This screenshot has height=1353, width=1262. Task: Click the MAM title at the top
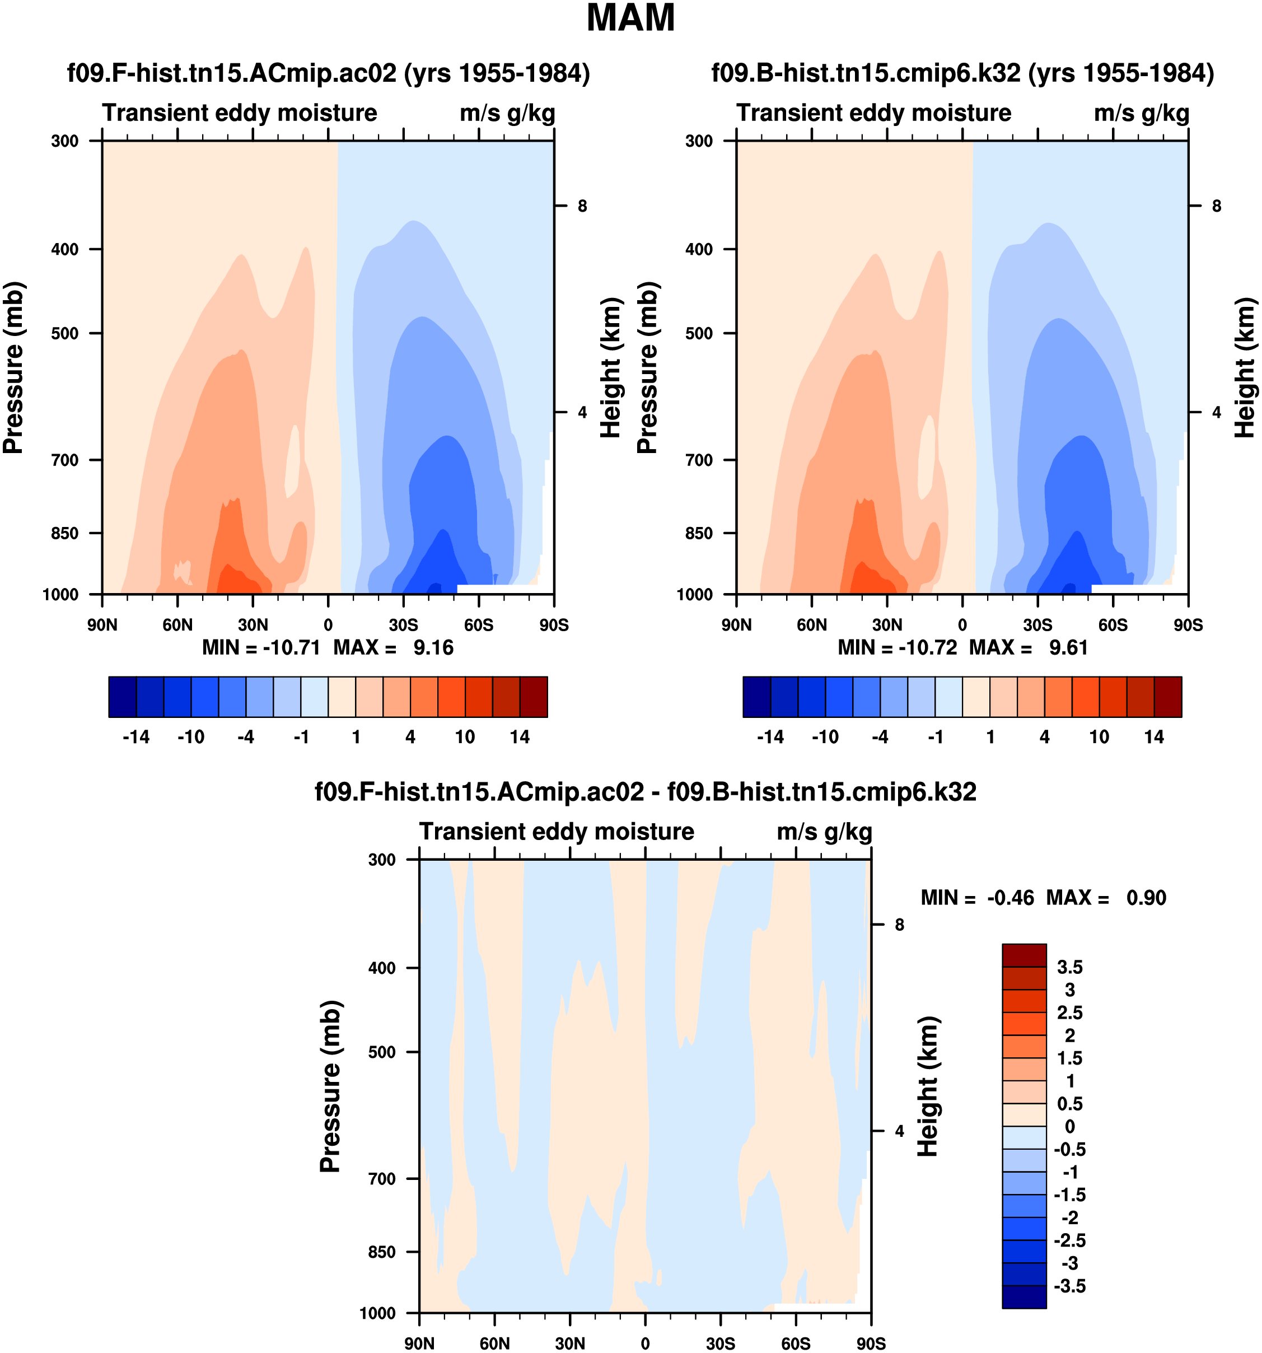point(630,18)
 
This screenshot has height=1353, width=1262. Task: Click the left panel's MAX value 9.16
point(433,647)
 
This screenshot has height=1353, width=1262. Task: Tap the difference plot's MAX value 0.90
point(1146,898)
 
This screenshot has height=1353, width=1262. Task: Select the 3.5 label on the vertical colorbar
point(1069,967)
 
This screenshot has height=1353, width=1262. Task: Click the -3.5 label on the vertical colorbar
point(1069,1286)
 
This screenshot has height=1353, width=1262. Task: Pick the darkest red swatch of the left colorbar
point(534,696)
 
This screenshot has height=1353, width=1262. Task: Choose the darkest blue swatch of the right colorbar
point(756,696)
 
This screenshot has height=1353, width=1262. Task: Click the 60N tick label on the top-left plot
point(177,625)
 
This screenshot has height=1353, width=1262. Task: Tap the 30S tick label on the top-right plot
point(1037,625)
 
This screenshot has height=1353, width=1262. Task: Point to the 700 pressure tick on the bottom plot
point(382,1179)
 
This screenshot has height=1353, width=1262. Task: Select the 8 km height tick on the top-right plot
point(1217,206)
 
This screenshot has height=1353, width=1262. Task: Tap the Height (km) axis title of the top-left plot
point(611,367)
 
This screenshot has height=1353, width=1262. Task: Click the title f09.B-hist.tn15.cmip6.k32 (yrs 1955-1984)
point(962,73)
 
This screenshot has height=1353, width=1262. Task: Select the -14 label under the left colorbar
point(135,737)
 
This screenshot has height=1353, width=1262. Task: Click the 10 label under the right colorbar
point(1099,737)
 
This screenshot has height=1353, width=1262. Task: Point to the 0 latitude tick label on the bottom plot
point(645,1343)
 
